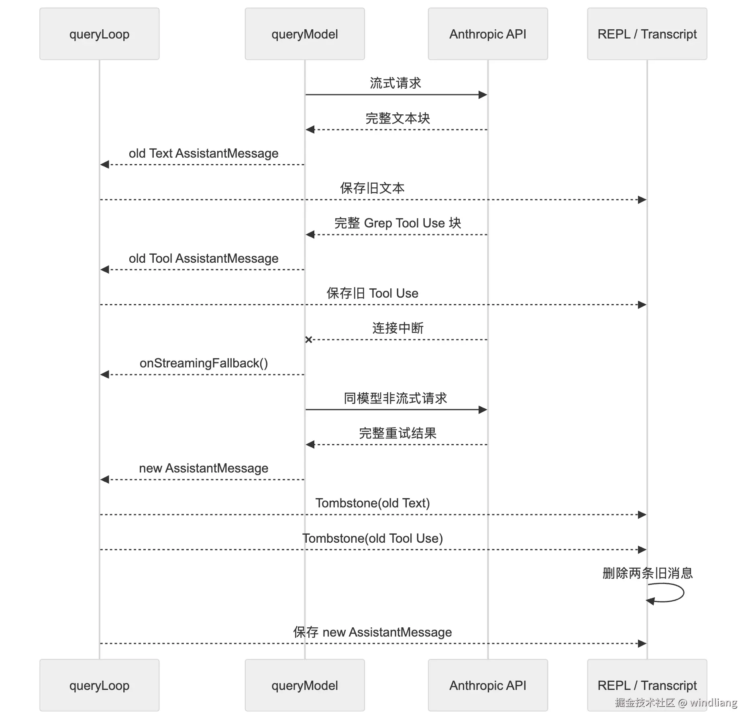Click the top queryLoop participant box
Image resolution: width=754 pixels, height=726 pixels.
[99, 34]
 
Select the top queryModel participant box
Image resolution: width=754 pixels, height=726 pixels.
[305, 34]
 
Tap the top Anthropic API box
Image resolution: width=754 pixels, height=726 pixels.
[488, 34]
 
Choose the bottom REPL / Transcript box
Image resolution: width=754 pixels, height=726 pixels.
[647, 685]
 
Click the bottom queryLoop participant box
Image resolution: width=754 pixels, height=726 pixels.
[99, 685]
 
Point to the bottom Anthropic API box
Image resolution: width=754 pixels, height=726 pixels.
[488, 685]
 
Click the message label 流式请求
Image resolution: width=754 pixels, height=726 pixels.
[395, 83]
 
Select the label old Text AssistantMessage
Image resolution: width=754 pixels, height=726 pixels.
[204, 153]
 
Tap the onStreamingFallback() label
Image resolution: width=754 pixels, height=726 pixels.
[204, 363]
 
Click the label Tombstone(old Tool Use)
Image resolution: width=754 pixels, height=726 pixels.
[373, 538]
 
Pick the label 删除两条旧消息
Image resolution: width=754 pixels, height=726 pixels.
[648, 573]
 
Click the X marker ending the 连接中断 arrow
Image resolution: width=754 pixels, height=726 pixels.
[308, 340]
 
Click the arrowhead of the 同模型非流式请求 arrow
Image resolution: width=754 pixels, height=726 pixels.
[483, 410]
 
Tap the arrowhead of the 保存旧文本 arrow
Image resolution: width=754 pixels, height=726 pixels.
[642, 199]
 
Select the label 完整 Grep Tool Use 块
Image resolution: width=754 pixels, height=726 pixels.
[397, 223]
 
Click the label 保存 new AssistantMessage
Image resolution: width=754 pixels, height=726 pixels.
[373, 632]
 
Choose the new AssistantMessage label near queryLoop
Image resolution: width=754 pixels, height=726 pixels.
[204, 468]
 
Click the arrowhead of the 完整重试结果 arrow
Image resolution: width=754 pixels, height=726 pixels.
[310, 444]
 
